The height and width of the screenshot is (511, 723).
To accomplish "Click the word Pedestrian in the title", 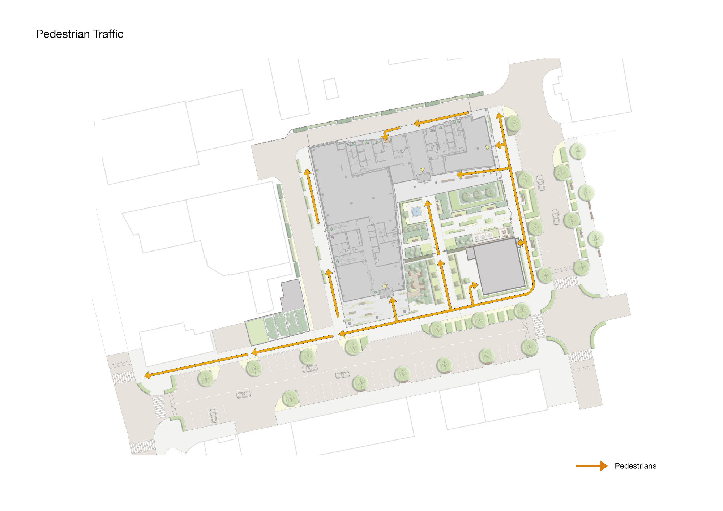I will click(x=63, y=34).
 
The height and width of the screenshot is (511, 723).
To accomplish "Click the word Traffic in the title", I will click(x=108, y=34).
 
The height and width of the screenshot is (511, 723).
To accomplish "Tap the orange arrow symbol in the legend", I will click(x=591, y=466).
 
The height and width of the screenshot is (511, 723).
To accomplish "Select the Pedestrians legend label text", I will click(x=635, y=466).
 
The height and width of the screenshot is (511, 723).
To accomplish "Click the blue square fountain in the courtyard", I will click(x=416, y=211).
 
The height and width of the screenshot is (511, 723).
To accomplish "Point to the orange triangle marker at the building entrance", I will click(x=387, y=141).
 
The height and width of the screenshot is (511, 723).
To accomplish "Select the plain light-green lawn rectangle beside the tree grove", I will click(x=256, y=331).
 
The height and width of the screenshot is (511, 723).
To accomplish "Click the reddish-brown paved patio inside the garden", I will click(x=417, y=282).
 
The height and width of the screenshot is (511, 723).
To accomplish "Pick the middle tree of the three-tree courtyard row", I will click(x=478, y=194).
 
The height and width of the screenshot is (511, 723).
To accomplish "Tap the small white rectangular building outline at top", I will click(x=330, y=89).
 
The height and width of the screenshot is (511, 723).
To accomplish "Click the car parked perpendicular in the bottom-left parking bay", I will click(x=213, y=416).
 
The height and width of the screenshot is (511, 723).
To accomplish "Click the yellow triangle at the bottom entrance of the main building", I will click(x=385, y=287).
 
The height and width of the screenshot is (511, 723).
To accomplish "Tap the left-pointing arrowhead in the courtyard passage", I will click(x=460, y=175).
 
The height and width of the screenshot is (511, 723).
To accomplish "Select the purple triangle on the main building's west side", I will click(x=332, y=237).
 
